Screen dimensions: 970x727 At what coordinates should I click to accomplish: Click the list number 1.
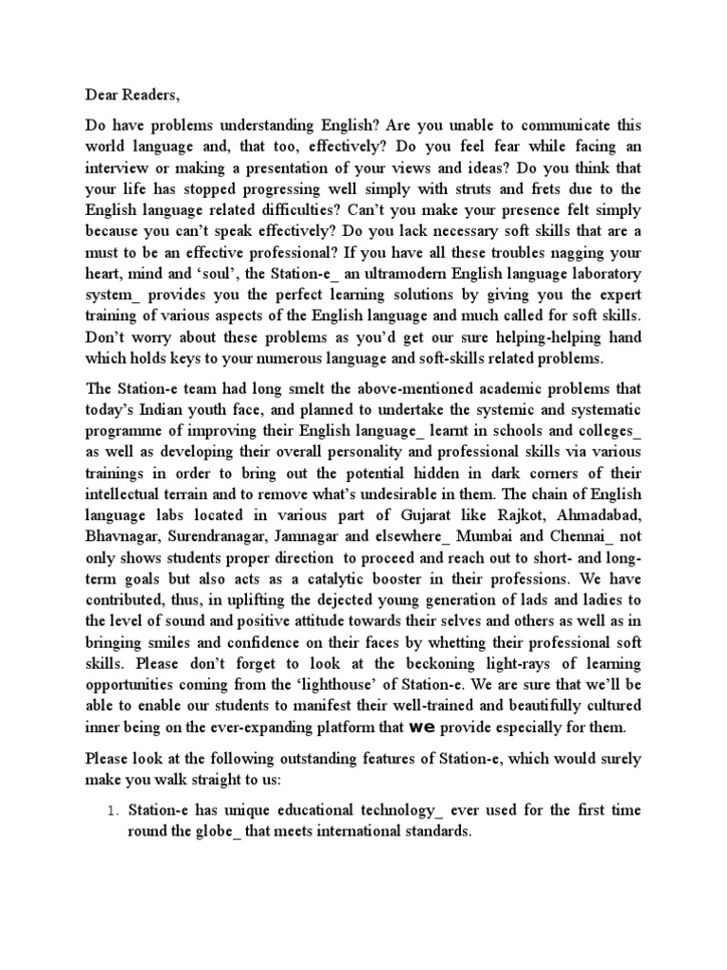[112, 813]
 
